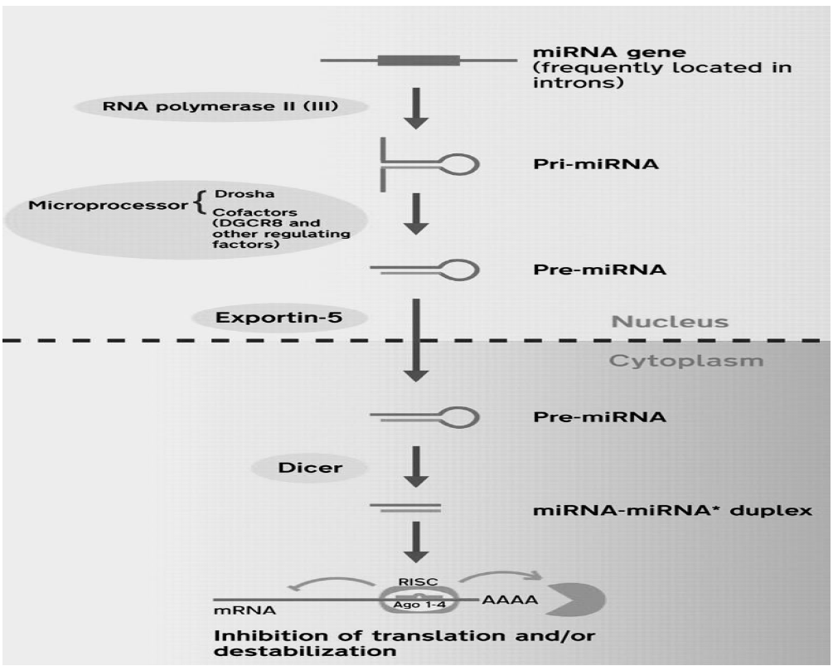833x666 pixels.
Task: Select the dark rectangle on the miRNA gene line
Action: pyautogui.click(x=419, y=60)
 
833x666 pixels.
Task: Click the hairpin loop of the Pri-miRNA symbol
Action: pyautogui.click(x=463, y=163)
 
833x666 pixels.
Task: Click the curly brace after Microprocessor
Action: pyautogui.click(x=201, y=203)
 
